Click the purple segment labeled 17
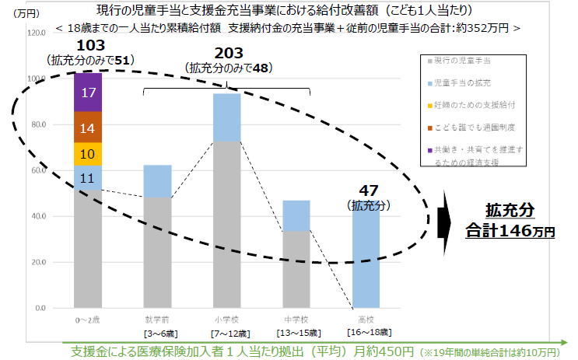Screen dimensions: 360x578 [88, 93]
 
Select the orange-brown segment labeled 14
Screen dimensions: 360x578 [88, 128]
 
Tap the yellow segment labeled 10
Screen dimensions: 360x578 [88, 154]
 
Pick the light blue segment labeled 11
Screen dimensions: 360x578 [88, 178]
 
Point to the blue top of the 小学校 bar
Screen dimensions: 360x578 [226, 117]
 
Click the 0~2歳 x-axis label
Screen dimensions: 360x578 [88, 320]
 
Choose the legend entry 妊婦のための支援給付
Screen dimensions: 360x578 [467, 104]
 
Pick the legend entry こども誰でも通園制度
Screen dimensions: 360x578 [467, 126]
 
